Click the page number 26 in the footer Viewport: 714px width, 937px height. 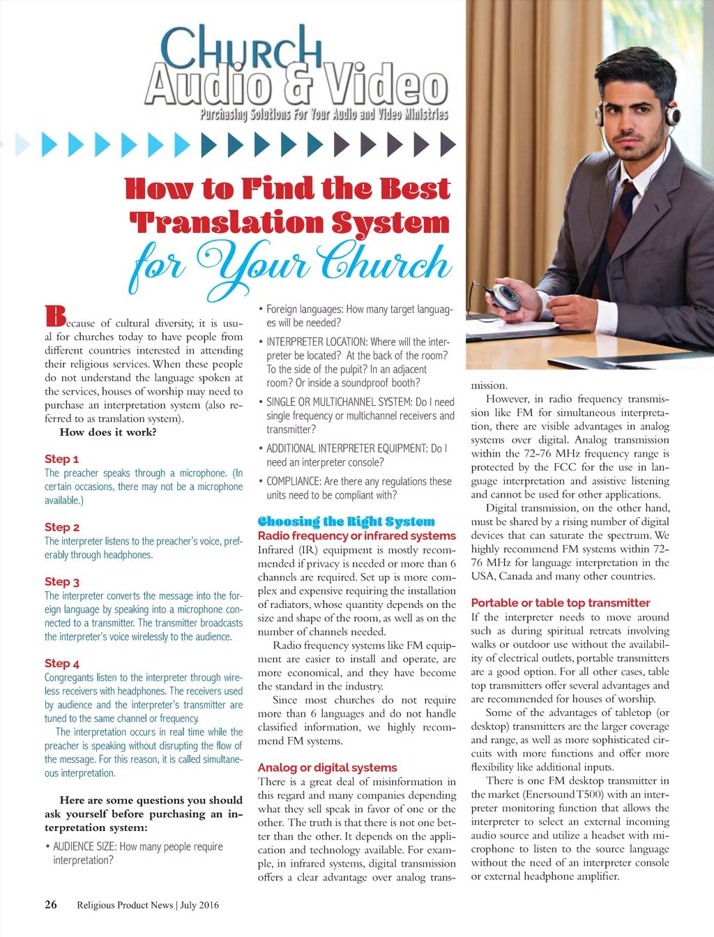point(51,904)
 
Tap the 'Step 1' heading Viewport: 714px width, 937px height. point(61,459)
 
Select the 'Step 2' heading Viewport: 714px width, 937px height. point(62,527)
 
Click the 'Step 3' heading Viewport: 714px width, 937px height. point(62,581)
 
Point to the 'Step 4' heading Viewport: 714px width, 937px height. point(62,663)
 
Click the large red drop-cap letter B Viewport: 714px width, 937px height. point(55,316)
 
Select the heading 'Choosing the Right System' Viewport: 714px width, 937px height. point(346,521)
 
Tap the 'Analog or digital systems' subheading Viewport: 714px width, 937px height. point(327,768)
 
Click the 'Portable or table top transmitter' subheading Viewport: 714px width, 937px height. point(560,603)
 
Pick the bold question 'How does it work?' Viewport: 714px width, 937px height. point(108,432)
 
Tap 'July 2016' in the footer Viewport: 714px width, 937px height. point(199,905)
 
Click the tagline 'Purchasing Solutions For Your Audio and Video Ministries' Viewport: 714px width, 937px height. point(324,114)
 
